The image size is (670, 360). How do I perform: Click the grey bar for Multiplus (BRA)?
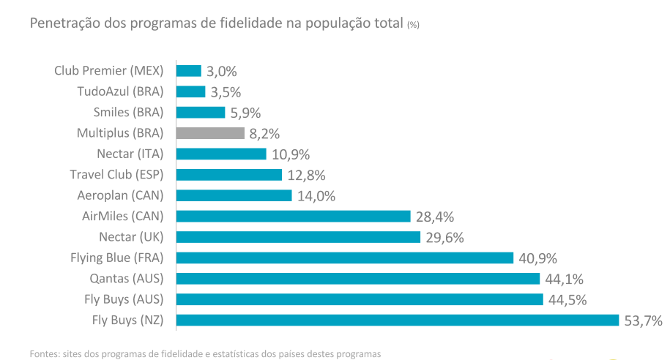pos(210,133)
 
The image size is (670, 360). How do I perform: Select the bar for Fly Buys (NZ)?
pos(398,320)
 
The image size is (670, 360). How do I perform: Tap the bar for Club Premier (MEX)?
pos(189,71)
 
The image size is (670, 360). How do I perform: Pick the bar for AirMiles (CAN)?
pos(293,216)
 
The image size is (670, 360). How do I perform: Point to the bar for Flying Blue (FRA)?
pos(345,258)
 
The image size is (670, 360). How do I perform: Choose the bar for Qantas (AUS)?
pos(358,278)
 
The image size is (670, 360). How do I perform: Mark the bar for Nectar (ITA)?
pos(221,154)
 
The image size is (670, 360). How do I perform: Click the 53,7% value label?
pos(643,320)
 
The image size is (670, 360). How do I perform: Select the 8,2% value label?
pos(264,134)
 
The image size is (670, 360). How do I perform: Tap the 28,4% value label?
pos(435,217)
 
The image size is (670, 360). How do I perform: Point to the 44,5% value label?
pos(567,299)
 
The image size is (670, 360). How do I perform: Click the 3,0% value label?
pos(221,72)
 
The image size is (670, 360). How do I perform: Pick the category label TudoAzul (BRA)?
pos(120,91)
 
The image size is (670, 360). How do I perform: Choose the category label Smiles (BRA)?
pos(128,112)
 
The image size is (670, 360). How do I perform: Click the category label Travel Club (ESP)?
pos(116,174)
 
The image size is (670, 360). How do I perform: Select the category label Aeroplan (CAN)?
pos(120,195)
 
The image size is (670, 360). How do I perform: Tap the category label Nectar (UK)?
pos(131,237)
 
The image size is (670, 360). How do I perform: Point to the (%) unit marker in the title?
pos(413,25)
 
